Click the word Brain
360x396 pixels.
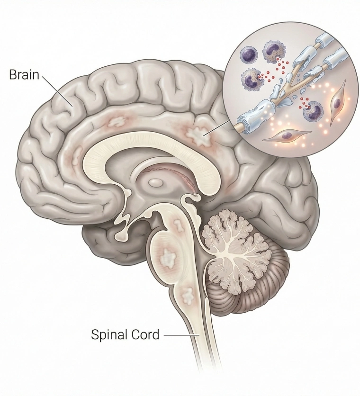tap(24, 75)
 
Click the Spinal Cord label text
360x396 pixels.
tap(126, 334)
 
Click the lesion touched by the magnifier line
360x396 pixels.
tap(198, 136)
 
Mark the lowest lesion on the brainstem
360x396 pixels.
tap(187, 296)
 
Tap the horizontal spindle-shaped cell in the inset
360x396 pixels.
tap(287, 135)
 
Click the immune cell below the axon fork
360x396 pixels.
tap(313, 110)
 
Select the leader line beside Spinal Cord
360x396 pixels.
tap(181, 335)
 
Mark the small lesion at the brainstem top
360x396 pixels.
tap(179, 225)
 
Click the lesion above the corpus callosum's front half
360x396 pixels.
tap(117, 122)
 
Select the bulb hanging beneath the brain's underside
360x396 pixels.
tap(121, 236)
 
